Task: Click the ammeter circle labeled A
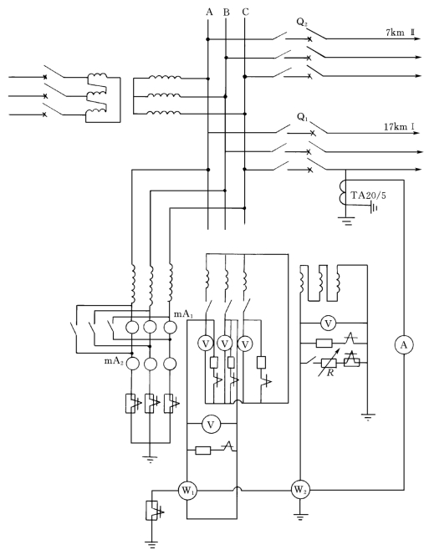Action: click(x=404, y=345)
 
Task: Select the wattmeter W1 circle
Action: click(x=187, y=491)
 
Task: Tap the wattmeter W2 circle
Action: click(x=299, y=489)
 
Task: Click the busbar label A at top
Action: click(x=209, y=13)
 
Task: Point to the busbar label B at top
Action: click(x=227, y=13)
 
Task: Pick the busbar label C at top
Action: click(x=245, y=13)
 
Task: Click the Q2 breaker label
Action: click(x=302, y=23)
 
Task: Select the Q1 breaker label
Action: click(x=303, y=117)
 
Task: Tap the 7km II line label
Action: click(x=400, y=33)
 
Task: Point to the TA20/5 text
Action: click(x=369, y=196)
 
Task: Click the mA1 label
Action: click(x=183, y=314)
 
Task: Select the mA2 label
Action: click(x=114, y=360)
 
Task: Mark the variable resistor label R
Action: click(x=330, y=373)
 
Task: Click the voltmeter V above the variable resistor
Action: click(x=329, y=323)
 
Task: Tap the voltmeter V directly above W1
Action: click(x=211, y=425)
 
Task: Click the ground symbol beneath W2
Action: click(x=299, y=516)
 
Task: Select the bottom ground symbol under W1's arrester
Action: click(x=152, y=545)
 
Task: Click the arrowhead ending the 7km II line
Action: click(x=417, y=38)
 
